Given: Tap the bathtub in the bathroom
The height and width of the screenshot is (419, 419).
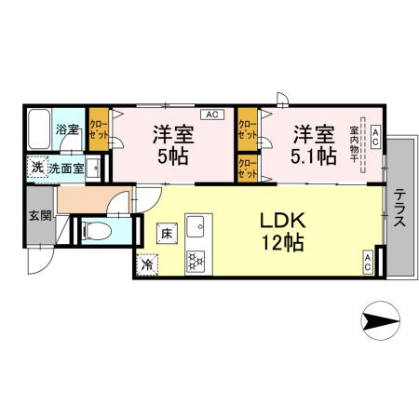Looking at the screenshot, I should (x=40, y=129).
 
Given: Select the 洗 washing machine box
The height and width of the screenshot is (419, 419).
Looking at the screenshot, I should (x=35, y=169).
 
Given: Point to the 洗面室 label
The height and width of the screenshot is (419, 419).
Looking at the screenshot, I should (x=66, y=169).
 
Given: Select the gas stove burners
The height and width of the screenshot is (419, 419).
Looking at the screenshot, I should (x=196, y=262).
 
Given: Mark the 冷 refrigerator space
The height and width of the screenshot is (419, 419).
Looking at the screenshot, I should (x=148, y=264).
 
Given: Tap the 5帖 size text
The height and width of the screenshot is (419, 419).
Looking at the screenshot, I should (x=173, y=155).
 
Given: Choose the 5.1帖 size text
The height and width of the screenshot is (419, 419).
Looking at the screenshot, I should (x=314, y=155).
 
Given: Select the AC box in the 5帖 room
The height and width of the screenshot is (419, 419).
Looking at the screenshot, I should (x=211, y=115).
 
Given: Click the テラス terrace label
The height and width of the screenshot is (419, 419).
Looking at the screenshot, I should (x=398, y=209).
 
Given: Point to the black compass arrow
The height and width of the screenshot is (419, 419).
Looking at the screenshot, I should (x=379, y=322).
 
